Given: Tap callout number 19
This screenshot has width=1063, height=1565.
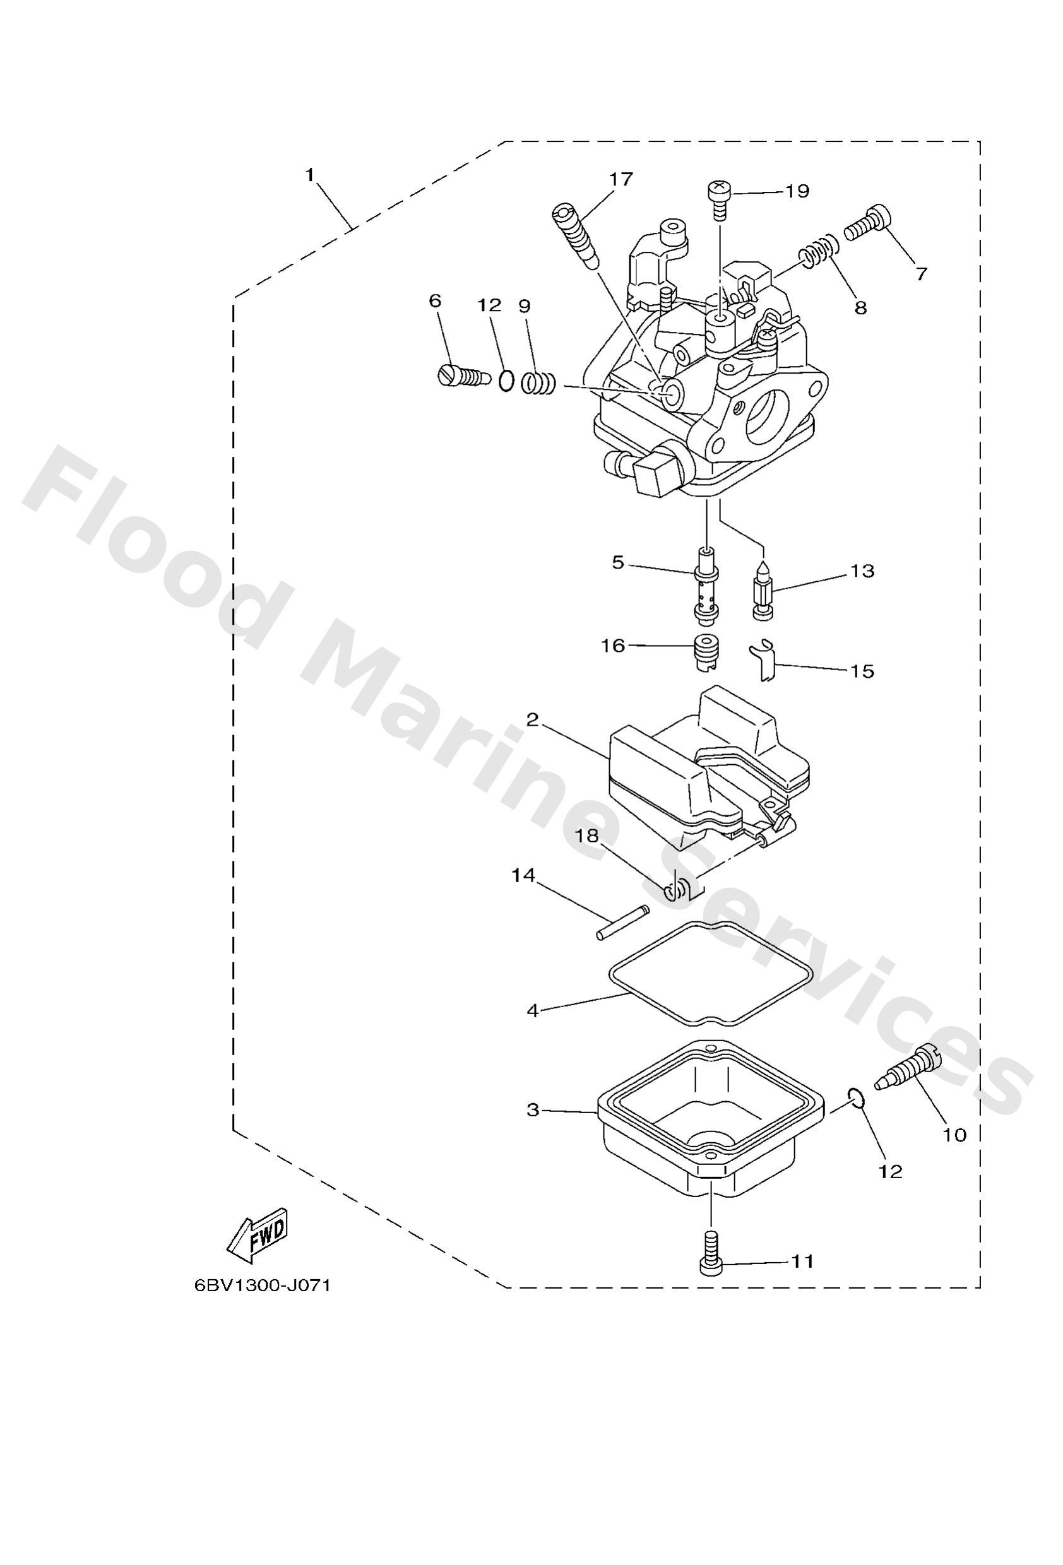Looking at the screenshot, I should click(x=797, y=191).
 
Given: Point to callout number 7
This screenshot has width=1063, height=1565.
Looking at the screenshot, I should click(x=921, y=273).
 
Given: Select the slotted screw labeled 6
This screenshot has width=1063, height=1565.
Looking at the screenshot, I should click(x=460, y=375).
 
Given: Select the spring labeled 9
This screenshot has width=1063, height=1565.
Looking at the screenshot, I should click(x=538, y=384).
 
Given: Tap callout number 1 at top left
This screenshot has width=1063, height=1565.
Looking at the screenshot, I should click(x=310, y=175).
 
